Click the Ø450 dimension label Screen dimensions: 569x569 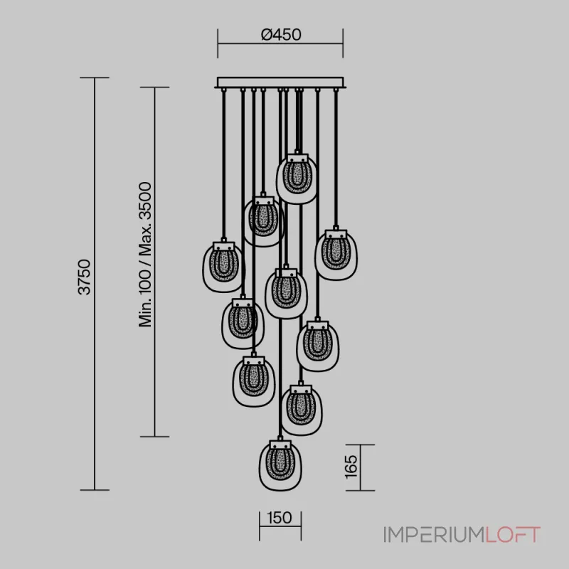(281, 35)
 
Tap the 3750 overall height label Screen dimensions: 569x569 (85, 277)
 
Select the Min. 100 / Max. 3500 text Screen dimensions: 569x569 (145, 255)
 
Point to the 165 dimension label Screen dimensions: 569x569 (351, 467)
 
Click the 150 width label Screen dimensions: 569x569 (280, 518)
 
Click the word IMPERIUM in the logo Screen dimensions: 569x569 (434, 535)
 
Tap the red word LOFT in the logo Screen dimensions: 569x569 (513, 535)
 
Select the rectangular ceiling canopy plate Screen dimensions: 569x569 (280, 83)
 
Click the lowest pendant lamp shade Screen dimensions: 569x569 (280, 466)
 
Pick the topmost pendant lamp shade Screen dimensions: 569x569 (297, 179)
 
